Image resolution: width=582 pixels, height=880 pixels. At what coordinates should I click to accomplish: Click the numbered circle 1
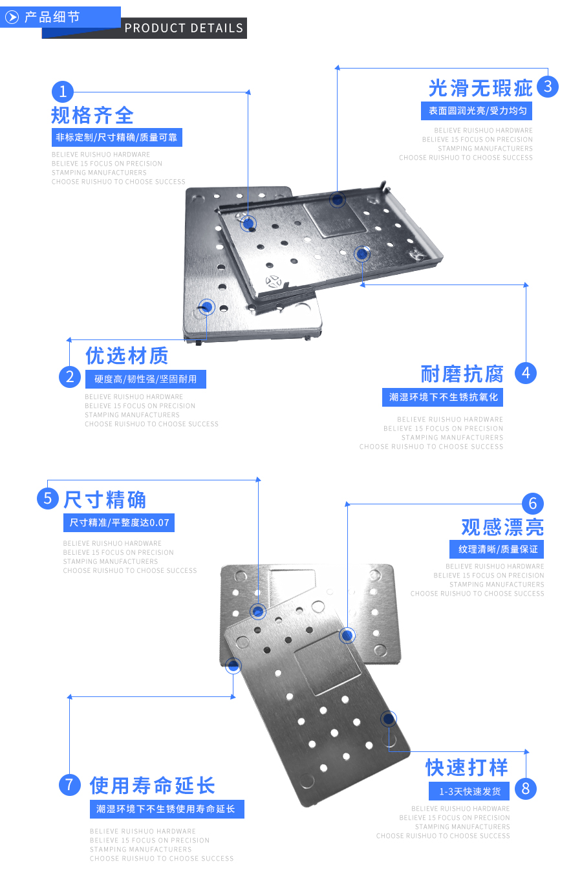pos(63,91)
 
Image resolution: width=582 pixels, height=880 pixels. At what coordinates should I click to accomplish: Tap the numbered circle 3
pos(547,87)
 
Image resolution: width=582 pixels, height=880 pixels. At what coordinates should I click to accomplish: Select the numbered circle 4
pos(526,373)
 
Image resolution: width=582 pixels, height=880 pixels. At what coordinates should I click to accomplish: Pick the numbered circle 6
pos(533,504)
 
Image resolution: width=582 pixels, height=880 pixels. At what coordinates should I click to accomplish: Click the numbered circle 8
pos(526,789)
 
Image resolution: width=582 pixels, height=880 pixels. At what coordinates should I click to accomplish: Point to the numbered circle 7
pos(70,784)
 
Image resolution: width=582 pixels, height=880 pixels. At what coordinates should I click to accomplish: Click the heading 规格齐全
pos(92,116)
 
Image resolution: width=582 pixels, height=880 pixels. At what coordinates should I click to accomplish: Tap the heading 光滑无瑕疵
pos(480,88)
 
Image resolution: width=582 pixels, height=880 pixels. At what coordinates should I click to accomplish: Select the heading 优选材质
pos(127,356)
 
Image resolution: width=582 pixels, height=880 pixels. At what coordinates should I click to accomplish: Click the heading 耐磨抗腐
pos(462,374)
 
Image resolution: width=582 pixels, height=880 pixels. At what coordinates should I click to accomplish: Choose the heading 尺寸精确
pos(105,500)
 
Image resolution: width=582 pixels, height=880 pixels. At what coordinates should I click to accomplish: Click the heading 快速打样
pos(467,767)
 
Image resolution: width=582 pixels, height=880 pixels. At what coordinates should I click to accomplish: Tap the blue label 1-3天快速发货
pos(469,791)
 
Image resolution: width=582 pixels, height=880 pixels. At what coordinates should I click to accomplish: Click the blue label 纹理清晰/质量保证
pos(497,549)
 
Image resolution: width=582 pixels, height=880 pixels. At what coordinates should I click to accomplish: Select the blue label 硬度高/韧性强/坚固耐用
pos(145,379)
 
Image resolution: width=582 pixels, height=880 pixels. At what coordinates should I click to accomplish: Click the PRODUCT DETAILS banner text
pos(184,28)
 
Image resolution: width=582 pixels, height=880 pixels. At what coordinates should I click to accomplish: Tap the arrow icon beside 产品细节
pos(12,17)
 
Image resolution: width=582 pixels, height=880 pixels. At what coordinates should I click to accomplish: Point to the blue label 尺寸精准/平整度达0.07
pos(119,522)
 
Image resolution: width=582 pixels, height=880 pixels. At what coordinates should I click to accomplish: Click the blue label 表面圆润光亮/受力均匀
pos(477,111)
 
